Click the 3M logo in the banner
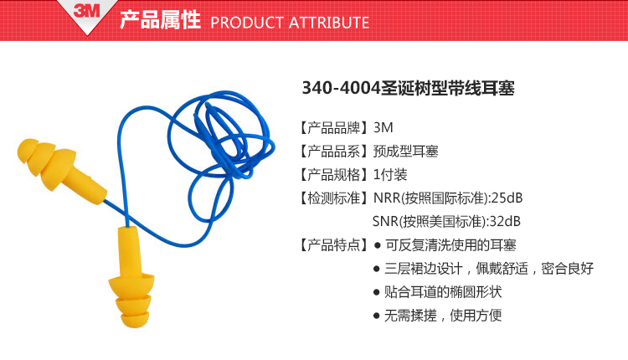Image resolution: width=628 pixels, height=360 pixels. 86,10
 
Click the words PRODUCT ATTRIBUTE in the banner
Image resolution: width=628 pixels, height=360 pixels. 290,23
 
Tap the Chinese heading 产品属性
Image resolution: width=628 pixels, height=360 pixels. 160,20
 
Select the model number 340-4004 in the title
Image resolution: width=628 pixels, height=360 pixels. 341,88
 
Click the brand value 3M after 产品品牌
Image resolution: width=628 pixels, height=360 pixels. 383,128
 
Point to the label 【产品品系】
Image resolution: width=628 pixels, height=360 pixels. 333,152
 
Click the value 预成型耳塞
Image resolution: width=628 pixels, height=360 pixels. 406,152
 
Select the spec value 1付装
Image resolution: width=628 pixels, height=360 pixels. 390,175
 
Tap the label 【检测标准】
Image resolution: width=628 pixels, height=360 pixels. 333,198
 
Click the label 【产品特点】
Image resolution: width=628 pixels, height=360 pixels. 333,244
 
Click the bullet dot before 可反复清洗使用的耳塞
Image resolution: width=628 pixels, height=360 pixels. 377,245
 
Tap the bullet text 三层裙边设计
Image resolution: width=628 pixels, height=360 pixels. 424,268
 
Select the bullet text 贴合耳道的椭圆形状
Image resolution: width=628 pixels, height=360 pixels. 443,292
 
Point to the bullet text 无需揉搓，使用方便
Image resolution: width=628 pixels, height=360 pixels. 443,315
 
